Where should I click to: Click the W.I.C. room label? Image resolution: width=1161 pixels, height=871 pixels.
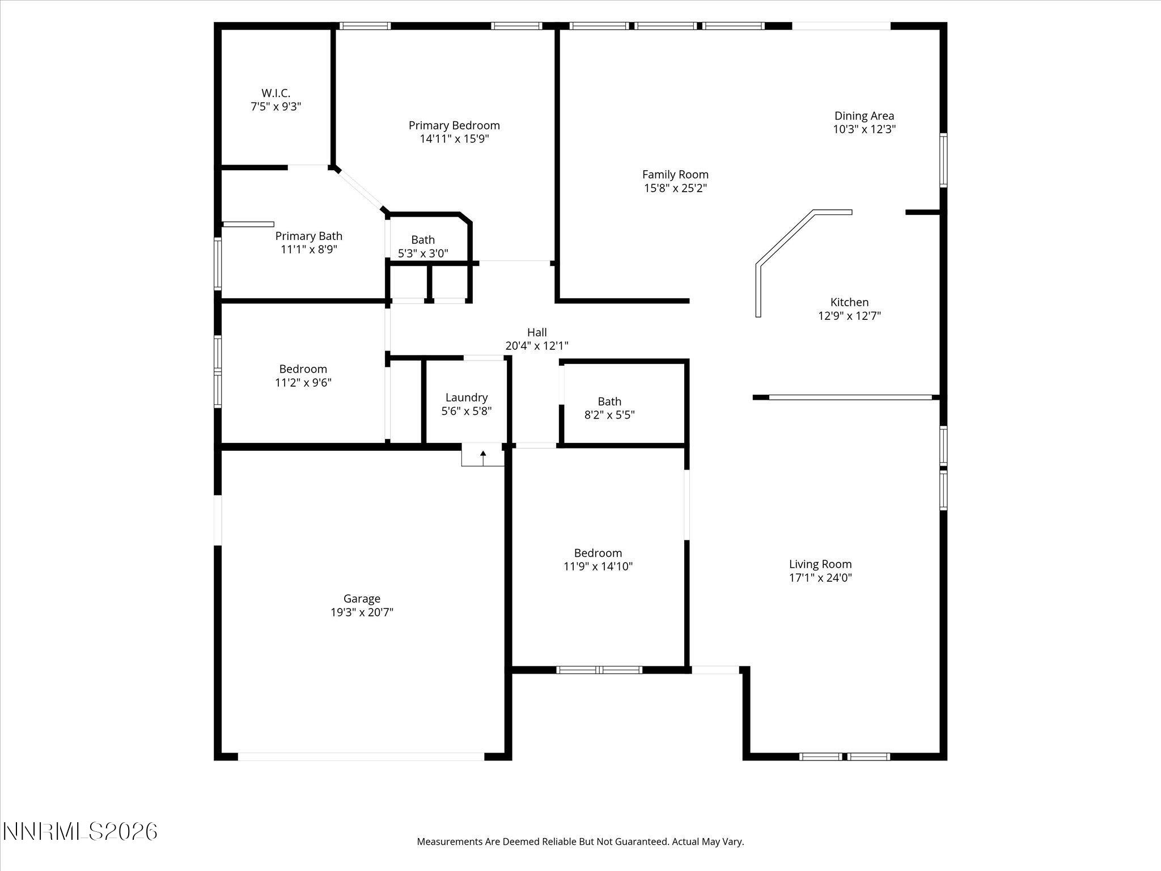pyautogui.click(x=276, y=93)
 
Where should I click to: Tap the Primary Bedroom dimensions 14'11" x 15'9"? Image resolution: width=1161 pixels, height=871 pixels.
pyautogui.click(x=454, y=139)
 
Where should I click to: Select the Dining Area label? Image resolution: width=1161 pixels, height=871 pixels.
pyautogui.click(x=864, y=116)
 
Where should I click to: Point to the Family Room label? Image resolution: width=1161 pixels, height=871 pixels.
pyautogui.click(x=675, y=175)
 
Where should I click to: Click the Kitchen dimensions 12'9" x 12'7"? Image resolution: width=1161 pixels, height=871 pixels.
pyautogui.click(x=849, y=316)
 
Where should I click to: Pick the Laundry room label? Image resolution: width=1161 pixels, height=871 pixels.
pyautogui.click(x=466, y=398)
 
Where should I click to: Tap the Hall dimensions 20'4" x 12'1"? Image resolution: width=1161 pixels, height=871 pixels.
pyautogui.click(x=536, y=346)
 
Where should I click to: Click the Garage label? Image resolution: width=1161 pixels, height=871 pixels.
pyautogui.click(x=362, y=598)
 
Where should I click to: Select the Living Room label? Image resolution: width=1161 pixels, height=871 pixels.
pyautogui.click(x=820, y=564)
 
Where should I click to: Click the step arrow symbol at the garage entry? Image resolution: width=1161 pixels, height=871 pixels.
pyautogui.click(x=483, y=455)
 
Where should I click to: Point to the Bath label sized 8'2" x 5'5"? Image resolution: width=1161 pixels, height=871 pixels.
pyautogui.click(x=609, y=401)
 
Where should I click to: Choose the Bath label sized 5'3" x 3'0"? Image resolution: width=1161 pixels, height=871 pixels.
pyautogui.click(x=423, y=240)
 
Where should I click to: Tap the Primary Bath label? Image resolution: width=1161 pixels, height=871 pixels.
pyautogui.click(x=308, y=236)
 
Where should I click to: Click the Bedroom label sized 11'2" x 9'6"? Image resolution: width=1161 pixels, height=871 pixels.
pyautogui.click(x=303, y=369)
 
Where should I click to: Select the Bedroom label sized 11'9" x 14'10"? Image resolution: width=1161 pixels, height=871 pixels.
pyautogui.click(x=598, y=553)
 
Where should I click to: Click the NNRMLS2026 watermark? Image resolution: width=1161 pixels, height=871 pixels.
pyautogui.click(x=80, y=832)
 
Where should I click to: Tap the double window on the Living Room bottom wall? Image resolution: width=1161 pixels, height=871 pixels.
pyautogui.click(x=844, y=756)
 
